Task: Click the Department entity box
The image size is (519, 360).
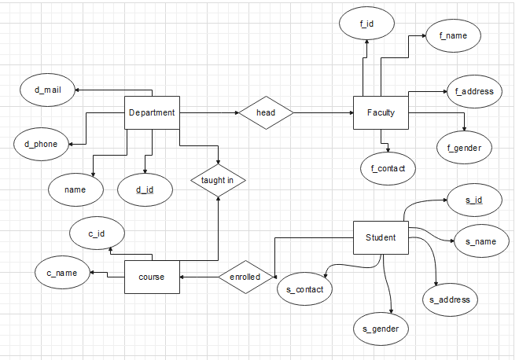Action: point(152,112)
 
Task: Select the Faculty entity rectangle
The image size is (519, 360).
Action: point(381,113)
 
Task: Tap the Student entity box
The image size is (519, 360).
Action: point(381,237)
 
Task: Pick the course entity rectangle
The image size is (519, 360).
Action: point(152,277)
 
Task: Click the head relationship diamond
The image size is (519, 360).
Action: point(266,113)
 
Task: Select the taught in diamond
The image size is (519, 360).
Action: point(218,180)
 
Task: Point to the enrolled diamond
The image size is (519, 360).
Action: point(245,277)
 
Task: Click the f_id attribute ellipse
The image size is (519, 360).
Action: point(366,24)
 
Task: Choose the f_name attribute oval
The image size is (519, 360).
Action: point(453,35)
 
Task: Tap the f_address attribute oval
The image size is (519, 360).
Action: point(473,91)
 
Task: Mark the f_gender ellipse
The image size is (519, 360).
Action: point(464,146)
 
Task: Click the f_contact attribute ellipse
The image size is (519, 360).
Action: point(387,167)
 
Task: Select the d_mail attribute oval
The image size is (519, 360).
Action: point(48,90)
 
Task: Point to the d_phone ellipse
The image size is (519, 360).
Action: point(40,144)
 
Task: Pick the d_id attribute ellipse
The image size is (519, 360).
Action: point(145,189)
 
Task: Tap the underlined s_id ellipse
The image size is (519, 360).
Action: point(473,200)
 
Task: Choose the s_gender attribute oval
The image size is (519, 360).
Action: point(381,328)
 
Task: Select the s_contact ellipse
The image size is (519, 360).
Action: point(305,289)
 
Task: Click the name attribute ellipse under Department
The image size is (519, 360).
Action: point(75,189)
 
